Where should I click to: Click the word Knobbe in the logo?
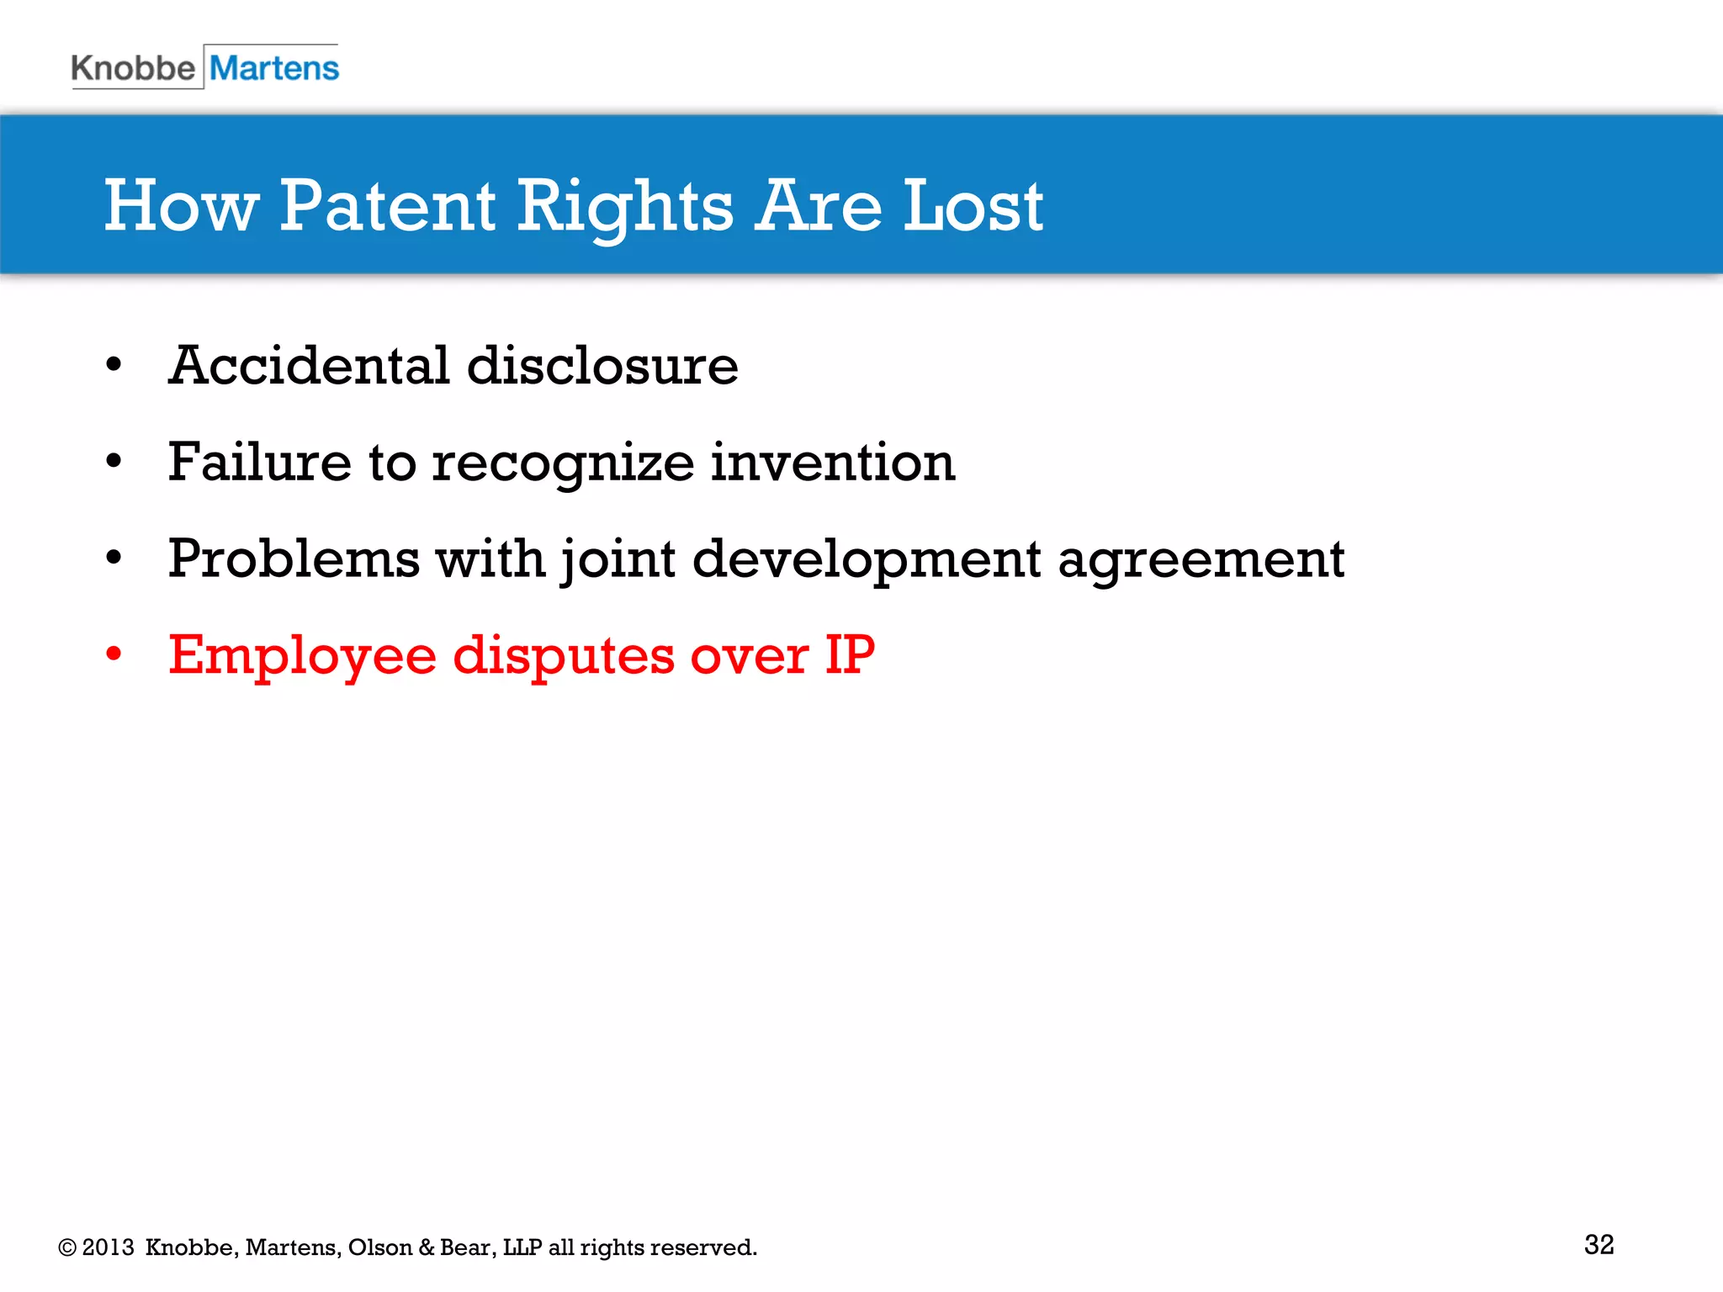[x=133, y=68]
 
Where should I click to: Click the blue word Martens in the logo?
[x=273, y=68]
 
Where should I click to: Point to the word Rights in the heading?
[x=625, y=207]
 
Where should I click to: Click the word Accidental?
[x=309, y=366]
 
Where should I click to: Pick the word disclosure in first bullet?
[x=602, y=366]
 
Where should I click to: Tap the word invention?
[x=833, y=462]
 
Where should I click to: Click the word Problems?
[x=294, y=559]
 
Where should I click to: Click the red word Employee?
[x=302, y=656]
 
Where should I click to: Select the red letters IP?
[x=850, y=654]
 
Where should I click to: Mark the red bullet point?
[x=114, y=654]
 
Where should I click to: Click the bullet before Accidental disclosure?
[x=114, y=365]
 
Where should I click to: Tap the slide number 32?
[x=1598, y=1244]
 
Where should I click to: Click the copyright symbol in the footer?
[x=67, y=1247]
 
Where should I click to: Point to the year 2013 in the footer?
[x=108, y=1247]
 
